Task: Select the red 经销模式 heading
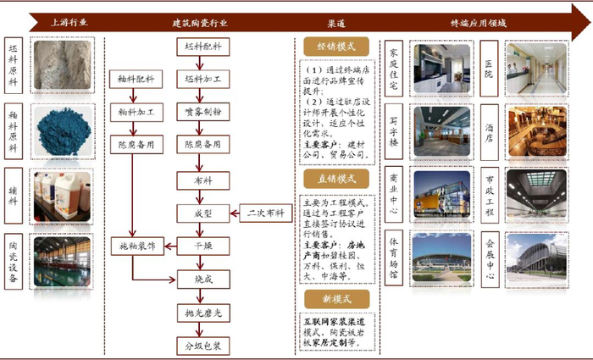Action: (335, 47)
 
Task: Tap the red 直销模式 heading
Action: (335, 179)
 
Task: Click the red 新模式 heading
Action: (335, 298)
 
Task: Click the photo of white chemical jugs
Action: (62, 194)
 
